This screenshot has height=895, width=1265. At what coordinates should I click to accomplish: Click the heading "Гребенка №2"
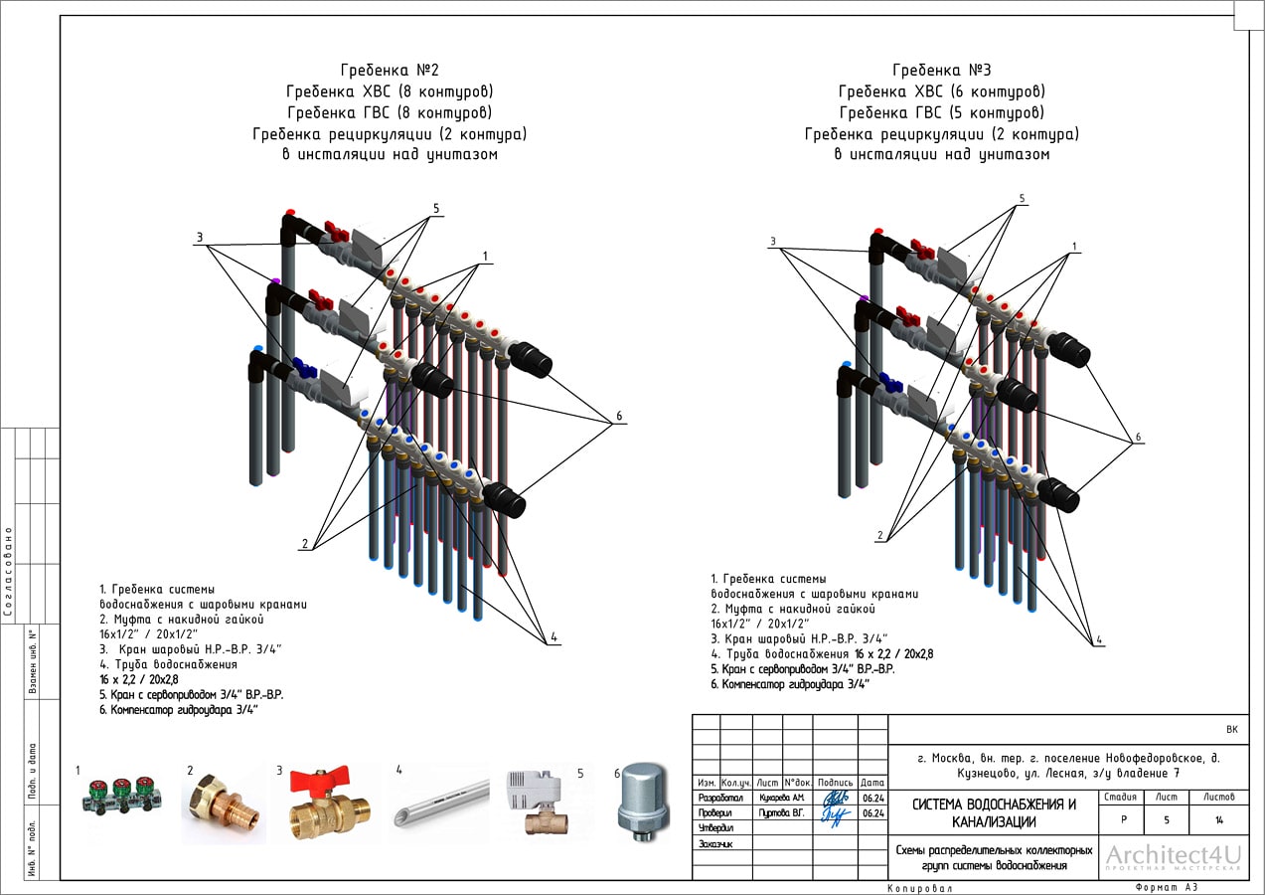[x=389, y=71]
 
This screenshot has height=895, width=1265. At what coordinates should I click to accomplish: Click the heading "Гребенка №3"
[x=941, y=71]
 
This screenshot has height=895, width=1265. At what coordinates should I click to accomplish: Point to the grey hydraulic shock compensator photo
[x=644, y=802]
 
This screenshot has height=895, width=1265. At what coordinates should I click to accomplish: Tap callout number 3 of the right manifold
[x=772, y=242]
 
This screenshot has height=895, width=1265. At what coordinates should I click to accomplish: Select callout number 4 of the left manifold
[x=553, y=636]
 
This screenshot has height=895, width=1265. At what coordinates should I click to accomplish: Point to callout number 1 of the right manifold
[x=1073, y=246]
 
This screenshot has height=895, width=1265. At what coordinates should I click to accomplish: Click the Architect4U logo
[x=1174, y=857]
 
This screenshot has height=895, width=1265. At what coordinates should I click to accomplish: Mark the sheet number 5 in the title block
[x=1166, y=820]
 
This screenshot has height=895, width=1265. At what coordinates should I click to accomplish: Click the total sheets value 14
[x=1219, y=820]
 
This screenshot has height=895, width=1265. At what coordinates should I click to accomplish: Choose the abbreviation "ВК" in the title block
[x=1232, y=730]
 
